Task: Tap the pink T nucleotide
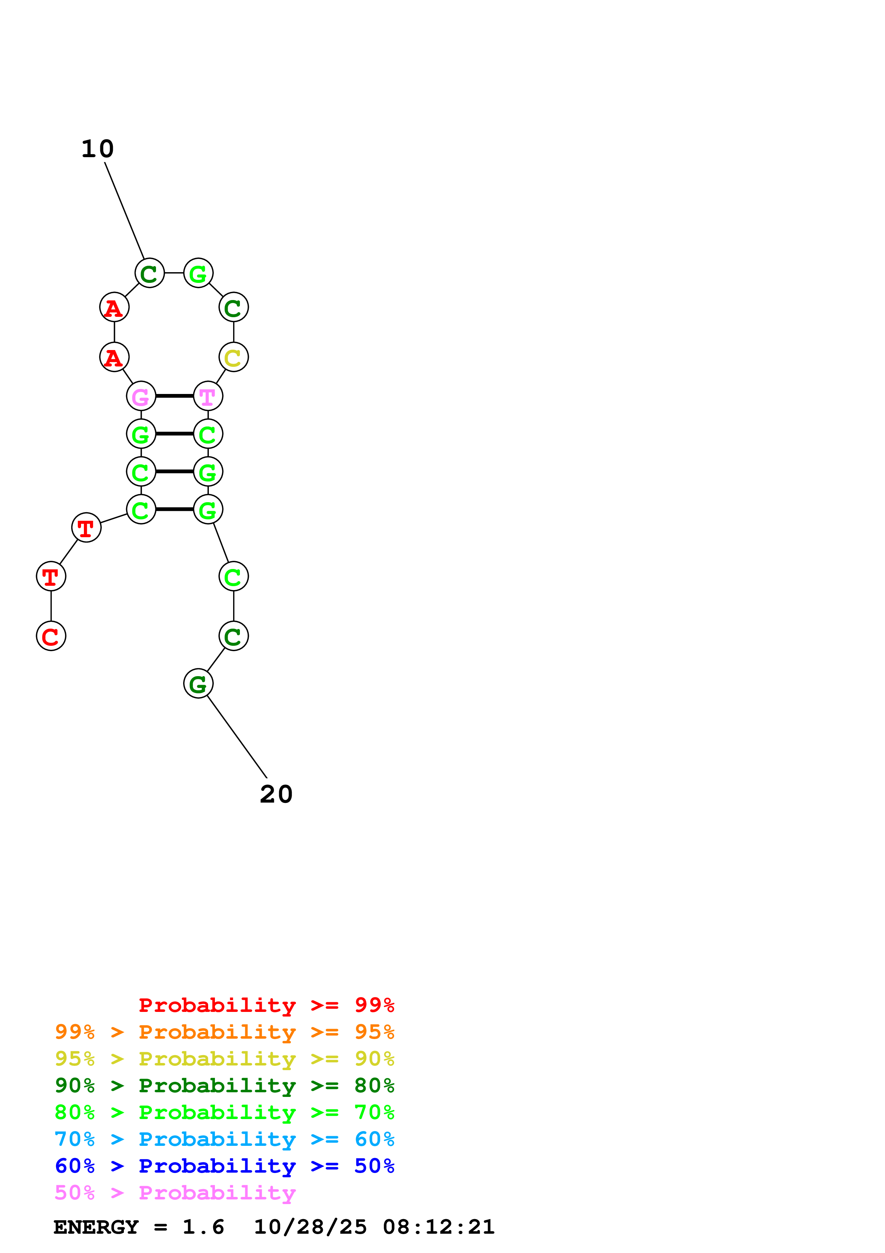click(208, 396)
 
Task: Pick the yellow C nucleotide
click(233, 358)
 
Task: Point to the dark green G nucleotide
click(198, 683)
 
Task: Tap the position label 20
click(276, 794)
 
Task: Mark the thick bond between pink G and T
click(175, 396)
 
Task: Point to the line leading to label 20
click(237, 737)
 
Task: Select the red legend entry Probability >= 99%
click(266, 1005)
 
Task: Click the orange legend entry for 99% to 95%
click(224, 1032)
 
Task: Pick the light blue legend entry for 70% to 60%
click(224, 1139)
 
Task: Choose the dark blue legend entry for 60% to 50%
click(224, 1166)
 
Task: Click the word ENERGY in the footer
click(96, 1227)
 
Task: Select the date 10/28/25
click(310, 1227)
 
